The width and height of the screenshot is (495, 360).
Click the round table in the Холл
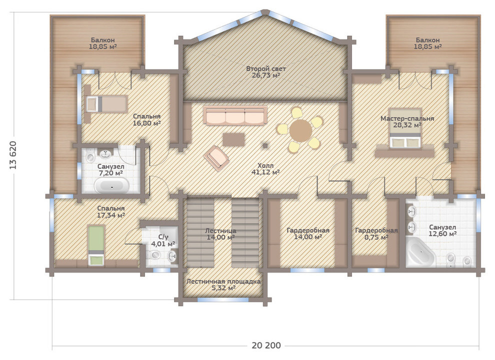click(300, 130)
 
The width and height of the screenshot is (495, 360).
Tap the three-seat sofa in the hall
click(235, 115)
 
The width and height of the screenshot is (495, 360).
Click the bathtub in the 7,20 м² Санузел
click(112, 185)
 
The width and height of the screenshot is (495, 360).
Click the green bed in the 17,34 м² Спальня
click(96, 245)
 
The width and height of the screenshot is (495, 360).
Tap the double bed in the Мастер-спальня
click(405, 128)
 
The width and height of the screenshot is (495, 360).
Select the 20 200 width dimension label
click(266, 345)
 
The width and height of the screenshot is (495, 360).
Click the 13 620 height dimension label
click(13, 155)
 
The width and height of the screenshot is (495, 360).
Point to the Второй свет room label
click(266, 68)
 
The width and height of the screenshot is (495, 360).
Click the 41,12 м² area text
click(265, 172)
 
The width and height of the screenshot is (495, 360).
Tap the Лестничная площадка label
click(223, 281)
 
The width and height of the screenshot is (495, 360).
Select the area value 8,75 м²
click(376, 237)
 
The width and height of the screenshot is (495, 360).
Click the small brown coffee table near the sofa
click(233, 139)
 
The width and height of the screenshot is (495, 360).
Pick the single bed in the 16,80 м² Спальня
click(106, 104)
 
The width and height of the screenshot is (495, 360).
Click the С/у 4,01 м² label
click(163, 240)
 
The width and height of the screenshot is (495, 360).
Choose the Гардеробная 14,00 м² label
click(308, 233)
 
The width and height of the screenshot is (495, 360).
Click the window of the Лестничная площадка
click(223, 299)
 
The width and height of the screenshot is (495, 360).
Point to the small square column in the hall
click(265, 145)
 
